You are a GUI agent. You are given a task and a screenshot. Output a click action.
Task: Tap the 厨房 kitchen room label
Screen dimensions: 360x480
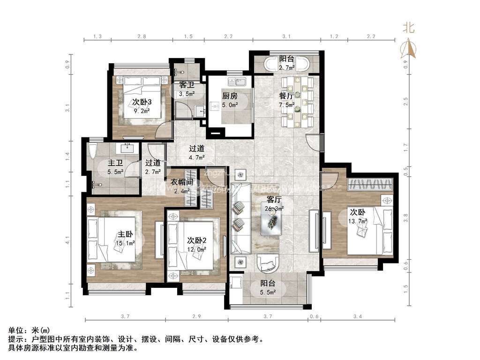(230, 96)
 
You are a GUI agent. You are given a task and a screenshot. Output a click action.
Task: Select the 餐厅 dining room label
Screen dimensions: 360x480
(286, 96)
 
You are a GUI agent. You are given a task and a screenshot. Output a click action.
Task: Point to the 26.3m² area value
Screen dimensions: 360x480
(274, 209)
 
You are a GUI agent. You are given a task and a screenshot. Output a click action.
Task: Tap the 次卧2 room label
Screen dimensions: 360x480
(197, 240)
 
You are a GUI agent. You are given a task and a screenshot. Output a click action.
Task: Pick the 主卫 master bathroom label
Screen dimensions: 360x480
(115, 163)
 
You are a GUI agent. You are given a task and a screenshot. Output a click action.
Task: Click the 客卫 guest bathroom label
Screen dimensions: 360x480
(187, 85)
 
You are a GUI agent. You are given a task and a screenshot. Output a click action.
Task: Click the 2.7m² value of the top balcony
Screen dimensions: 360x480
(286, 68)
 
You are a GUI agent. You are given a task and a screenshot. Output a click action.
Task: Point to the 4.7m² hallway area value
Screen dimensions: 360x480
(196, 157)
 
